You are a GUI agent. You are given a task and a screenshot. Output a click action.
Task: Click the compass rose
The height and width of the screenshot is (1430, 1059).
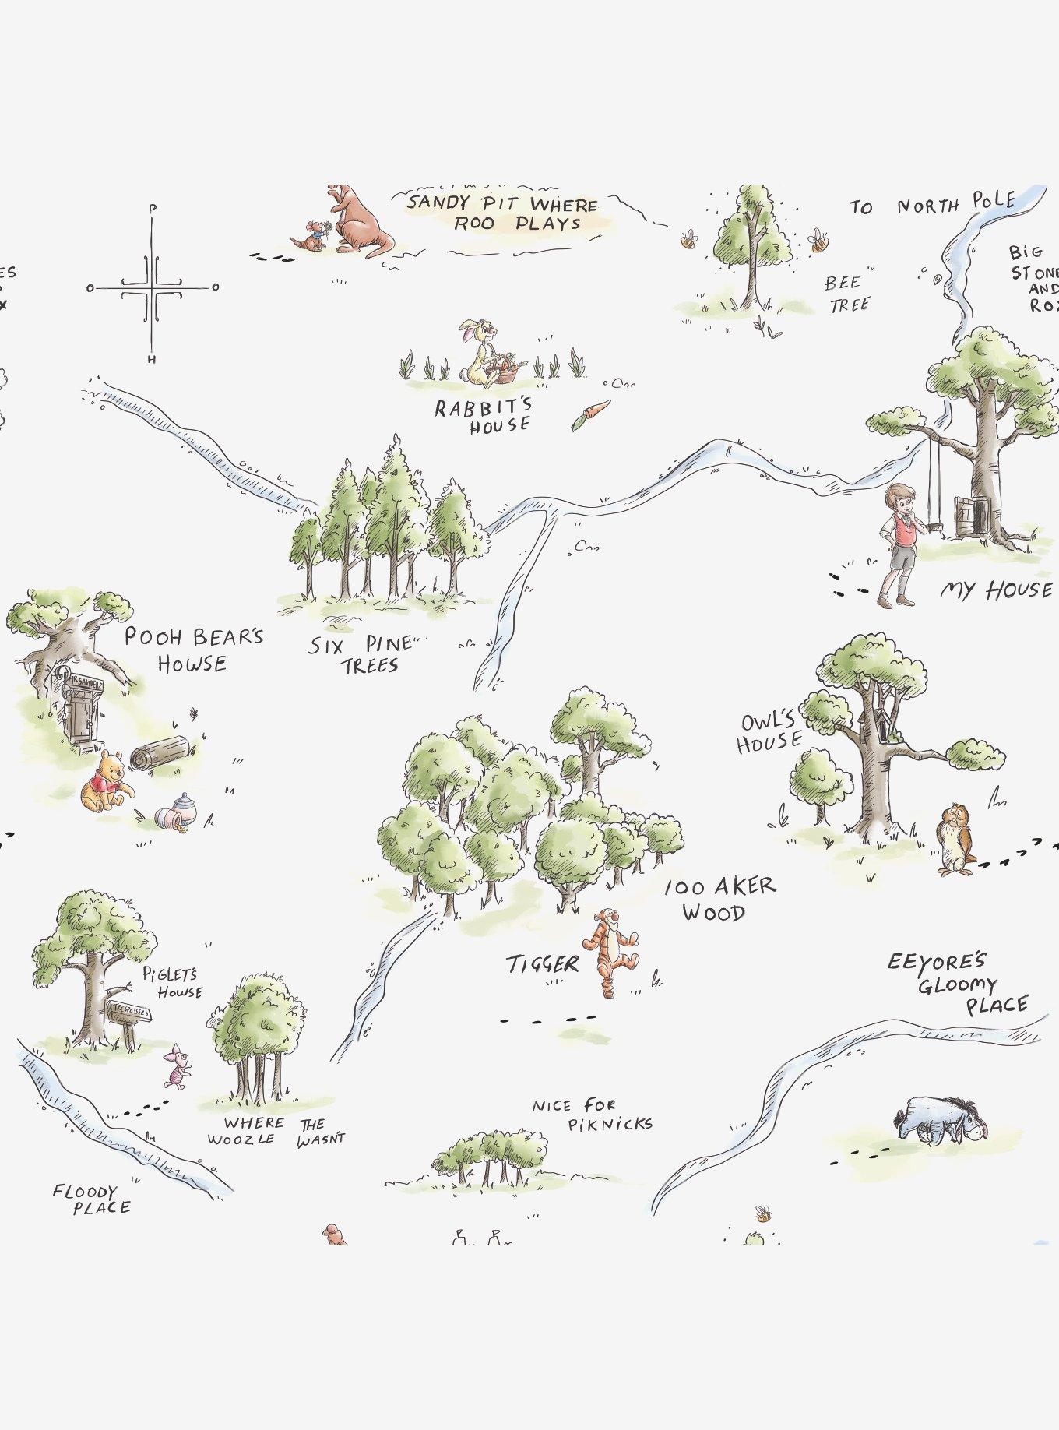point(153,287)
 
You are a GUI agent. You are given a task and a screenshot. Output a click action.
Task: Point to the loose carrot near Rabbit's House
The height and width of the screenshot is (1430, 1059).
point(589,414)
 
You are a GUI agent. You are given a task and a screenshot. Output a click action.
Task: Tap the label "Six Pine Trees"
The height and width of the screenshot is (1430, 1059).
point(361,655)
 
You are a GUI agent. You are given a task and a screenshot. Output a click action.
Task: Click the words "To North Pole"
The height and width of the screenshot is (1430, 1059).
point(931,204)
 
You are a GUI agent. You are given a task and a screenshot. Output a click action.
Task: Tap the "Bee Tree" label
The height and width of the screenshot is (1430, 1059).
point(846,293)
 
